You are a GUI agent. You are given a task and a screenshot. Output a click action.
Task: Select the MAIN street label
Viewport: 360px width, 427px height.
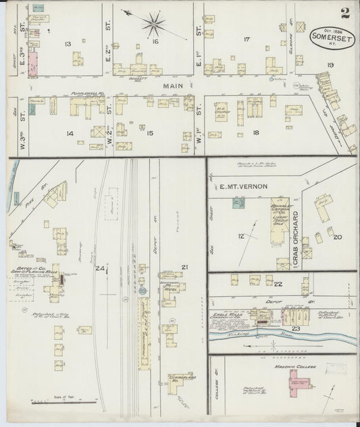coord(173,86)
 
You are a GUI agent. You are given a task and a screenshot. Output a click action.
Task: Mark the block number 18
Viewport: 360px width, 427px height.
coord(255,133)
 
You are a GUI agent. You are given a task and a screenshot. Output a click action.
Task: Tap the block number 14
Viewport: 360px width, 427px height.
coord(68,133)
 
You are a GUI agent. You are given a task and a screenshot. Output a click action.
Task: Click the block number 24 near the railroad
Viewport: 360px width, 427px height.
coord(101,270)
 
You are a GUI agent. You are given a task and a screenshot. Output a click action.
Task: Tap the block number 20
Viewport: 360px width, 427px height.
coord(338,237)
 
